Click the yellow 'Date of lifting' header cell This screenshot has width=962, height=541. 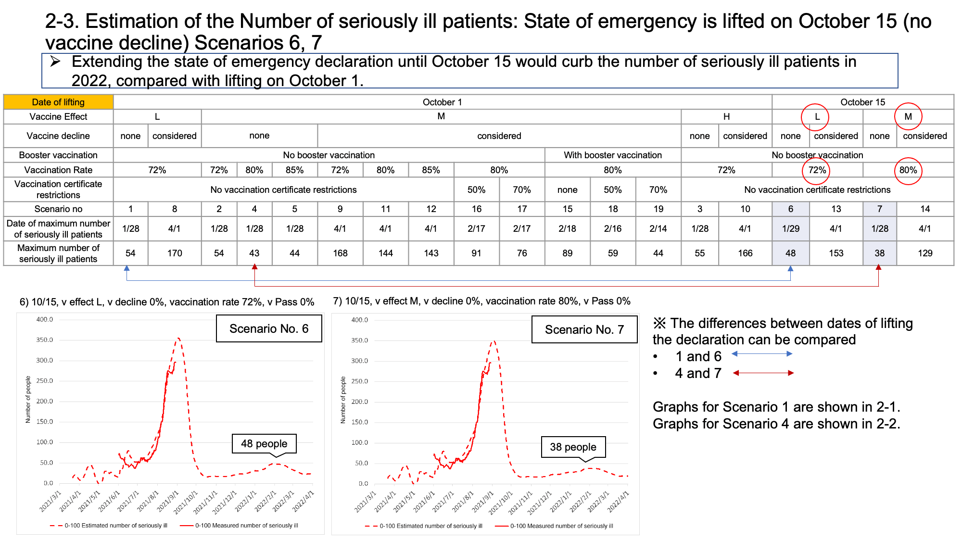(x=58, y=102)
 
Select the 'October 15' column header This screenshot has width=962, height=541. (x=862, y=102)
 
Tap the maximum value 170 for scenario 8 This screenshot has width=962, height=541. (x=175, y=253)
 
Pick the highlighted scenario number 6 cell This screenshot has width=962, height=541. (x=790, y=209)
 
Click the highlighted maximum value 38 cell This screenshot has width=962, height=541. (x=879, y=253)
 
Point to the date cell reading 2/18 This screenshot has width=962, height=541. (x=567, y=228)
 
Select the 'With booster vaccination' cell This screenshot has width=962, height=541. (x=613, y=155)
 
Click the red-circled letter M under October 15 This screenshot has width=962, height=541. (x=908, y=116)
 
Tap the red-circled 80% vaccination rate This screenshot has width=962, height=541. (x=908, y=170)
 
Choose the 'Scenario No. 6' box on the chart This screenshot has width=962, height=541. (x=269, y=328)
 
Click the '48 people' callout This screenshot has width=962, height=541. (x=264, y=444)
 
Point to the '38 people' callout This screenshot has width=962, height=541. (x=573, y=447)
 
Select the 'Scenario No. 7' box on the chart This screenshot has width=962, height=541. (x=584, y=329)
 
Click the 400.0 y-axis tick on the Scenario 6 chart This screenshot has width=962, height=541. (x=45, y=319)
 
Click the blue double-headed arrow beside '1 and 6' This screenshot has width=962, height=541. (x=762, y=354)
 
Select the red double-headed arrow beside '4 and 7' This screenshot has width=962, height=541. (x=763, y=373)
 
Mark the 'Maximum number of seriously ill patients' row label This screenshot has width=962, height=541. (x=58, y=253)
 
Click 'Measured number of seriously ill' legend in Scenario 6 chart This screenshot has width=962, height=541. (x=247, y=526)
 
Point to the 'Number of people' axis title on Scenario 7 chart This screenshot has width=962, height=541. (x=343, y=400)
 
